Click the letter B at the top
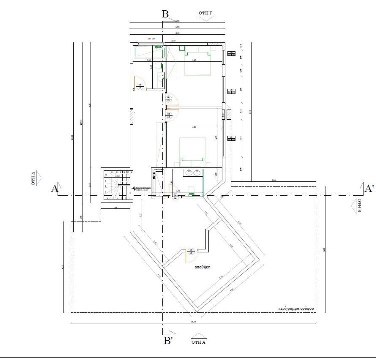[166, 14]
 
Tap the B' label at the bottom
[168, 342]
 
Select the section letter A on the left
[55, 189]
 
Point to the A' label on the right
[370, 188]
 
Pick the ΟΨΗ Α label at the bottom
[199, 342]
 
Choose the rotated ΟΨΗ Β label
[358, 206]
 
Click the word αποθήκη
[202, 267]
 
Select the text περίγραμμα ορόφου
[296, 309]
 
